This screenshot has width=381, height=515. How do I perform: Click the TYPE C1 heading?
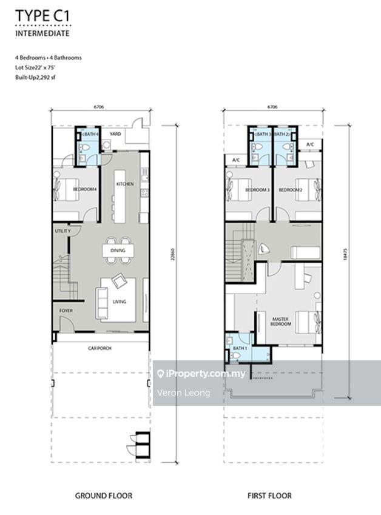[42, 16]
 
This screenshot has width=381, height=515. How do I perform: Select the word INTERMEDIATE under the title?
[42, 33]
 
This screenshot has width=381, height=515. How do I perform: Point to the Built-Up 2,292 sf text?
[35, 78]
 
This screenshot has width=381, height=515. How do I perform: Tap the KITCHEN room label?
[125, 184]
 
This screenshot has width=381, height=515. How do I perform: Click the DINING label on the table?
[118, 251]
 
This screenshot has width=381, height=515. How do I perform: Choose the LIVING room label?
[120, 301]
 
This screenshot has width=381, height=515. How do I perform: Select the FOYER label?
[66, 311]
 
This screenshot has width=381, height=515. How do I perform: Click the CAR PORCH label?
[100, 348]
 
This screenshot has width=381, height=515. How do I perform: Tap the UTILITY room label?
[62, 231]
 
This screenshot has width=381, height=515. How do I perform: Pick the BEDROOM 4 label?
[85, 189]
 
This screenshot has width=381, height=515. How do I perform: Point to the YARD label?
[115, 133]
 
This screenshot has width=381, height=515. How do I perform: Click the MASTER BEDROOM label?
[281, 321]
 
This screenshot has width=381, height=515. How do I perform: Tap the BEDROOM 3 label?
[257, 190]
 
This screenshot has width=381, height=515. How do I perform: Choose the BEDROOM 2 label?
[291, 190]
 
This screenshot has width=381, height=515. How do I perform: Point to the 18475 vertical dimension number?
[345, 255]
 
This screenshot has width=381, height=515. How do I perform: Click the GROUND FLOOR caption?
[104, 496]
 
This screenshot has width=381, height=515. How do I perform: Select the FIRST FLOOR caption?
[269, 496]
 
